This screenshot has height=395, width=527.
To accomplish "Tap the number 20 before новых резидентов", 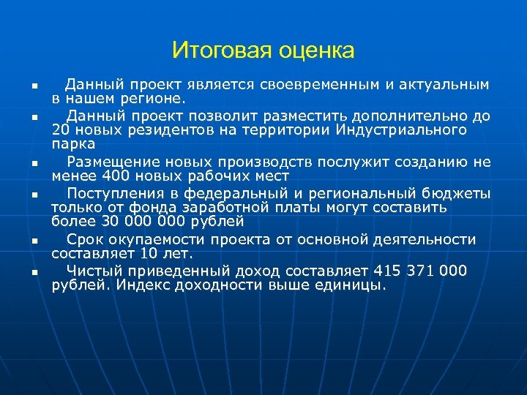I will click(x=61, y=130).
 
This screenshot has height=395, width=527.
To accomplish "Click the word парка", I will click(x=73, y=144).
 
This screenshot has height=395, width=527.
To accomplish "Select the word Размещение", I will click(x=108, y=162).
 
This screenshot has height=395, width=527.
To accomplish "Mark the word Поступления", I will click(x=111, y=193).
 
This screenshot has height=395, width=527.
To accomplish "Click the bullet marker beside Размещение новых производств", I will click(x=33, y=164).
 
